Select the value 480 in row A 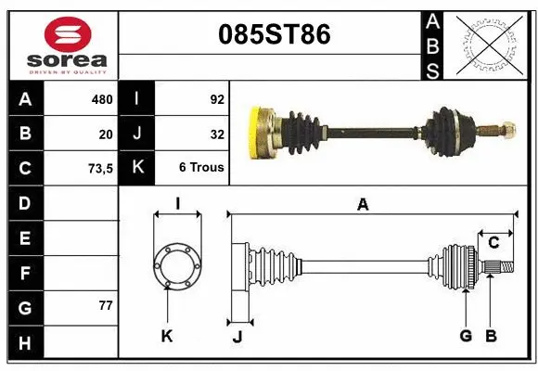click(x=101, y=97)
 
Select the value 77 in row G click(x=105, y=305)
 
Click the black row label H click(x=24, y=343)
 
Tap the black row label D click(x=24, y=202)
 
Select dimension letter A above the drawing click(x=363, y=205)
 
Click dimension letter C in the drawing click(x=493, y=243)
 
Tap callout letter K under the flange click(x=167, y=336)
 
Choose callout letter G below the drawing click(x=466, y=336)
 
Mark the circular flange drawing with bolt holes click(x=176, y=264)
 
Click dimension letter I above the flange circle click(x=176, y=204)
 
